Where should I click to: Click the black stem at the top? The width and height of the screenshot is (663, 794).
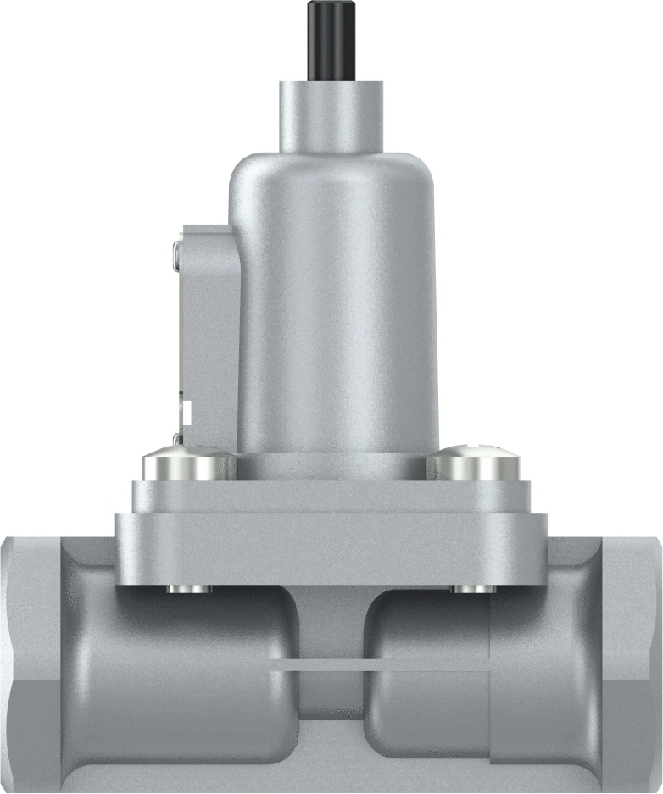click(331, 39)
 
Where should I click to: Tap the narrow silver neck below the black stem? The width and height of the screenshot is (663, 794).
click(331, 114)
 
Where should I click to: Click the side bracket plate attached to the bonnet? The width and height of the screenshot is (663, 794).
click(208, 330)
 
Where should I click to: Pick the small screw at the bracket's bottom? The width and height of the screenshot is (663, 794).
click(176, 439)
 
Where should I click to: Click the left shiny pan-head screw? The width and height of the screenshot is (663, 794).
click(188, 464)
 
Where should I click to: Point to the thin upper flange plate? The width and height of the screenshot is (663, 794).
click(331, 496)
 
